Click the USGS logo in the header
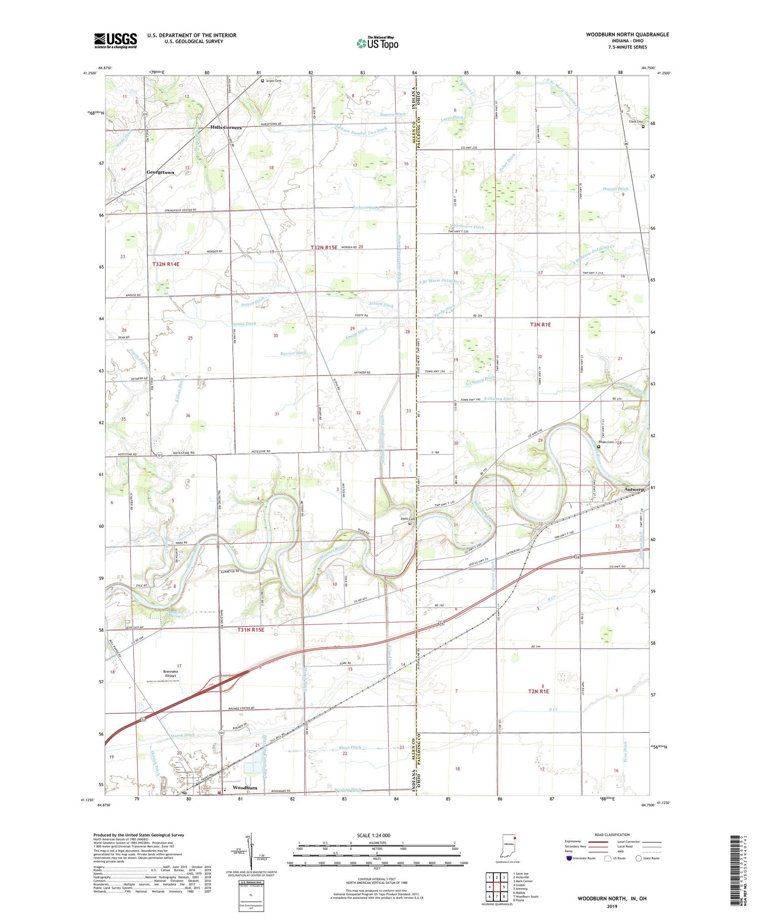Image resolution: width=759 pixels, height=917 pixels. (115, 40)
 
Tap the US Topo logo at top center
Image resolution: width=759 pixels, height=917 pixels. (377, 43)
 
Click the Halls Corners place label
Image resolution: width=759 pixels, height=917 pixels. (226, 127)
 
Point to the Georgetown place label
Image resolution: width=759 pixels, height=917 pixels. (160, 172)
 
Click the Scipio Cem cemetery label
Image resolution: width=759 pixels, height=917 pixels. (273, 80)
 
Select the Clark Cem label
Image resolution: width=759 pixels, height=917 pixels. (636, 122)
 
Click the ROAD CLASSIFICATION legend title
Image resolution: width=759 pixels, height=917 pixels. (612, 835)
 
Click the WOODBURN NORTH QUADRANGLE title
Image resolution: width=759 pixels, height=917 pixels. (627, 34)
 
